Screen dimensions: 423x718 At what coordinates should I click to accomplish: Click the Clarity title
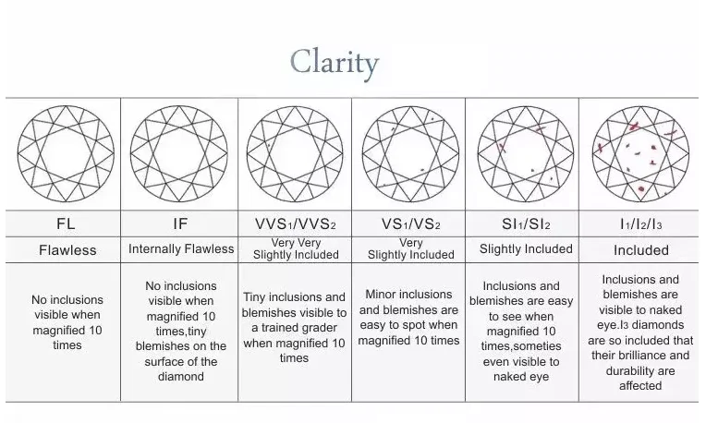[x=334, y=63]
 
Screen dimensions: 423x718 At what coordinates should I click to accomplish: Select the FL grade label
[x=66, y=224]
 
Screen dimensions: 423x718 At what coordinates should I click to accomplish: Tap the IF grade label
[x=180, y=224]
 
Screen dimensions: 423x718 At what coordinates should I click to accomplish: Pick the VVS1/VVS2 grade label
[x=295, y=224]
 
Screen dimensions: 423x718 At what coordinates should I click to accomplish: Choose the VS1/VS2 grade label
[x=410, y=224]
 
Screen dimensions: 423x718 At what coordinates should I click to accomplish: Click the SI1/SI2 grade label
[x=525, y=224]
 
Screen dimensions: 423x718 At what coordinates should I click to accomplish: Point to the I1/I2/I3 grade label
[x=640, y=224]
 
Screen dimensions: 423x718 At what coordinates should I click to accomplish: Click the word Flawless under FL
[x=66, y=250]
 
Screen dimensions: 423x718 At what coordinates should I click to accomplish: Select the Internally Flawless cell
[x=180, y=249]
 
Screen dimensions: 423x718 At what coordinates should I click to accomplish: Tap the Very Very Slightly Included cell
[x=296, y=249]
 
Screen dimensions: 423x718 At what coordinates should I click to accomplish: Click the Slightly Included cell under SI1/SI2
[x=526, y=249]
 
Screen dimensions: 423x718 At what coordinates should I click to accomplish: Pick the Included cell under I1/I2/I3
[x=641, y=250]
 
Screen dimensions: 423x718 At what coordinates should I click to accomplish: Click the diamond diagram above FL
[x=66, y=154]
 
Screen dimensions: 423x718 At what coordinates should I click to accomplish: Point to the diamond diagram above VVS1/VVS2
[x=295, y=154]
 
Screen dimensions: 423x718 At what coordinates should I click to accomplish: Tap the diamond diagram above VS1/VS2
[x=410, y=154]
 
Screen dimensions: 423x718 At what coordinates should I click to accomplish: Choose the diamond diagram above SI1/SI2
[x=525, y=154]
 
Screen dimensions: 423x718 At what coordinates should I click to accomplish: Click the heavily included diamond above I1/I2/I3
[x=639, y=154]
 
